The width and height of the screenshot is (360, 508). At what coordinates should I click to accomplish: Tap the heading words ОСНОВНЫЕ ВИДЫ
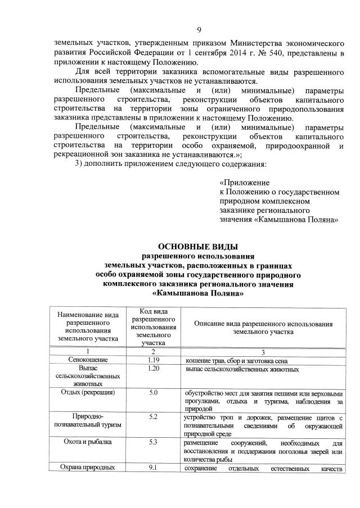tap(199, 246)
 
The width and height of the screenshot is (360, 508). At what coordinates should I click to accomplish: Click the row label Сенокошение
tap(87, 360)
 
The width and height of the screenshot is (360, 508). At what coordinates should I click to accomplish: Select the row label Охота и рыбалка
tap(87, 442)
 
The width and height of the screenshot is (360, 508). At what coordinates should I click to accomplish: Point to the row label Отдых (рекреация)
tap(87, 392)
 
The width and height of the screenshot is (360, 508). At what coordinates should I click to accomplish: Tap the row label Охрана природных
tap(87, 468)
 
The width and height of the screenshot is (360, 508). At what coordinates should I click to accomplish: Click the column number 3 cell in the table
tap(263, 351)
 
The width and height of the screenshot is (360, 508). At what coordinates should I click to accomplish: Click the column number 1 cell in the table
tap(87, 351)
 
